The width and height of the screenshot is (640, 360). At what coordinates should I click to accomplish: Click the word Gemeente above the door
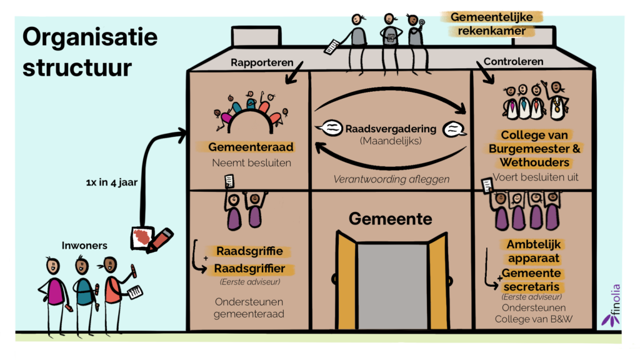coord(390,219)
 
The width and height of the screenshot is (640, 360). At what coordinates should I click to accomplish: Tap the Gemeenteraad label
coord(251,147)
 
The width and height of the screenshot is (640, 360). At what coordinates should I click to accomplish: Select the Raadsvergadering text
coord(391,129)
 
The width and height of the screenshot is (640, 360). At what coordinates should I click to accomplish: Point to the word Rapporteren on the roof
coord(262,62)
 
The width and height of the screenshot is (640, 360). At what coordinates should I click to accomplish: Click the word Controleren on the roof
coord(514,62)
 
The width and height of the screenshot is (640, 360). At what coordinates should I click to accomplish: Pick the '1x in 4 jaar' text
coord(111,182)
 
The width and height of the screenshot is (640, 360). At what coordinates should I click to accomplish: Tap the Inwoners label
coord(84,245)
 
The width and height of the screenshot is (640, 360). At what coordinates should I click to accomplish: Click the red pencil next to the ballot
coord(160,241)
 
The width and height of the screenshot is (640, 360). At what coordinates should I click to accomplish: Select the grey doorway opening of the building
coord(392,286)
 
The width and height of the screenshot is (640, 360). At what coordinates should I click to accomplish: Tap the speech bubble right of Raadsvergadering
coord(454,129)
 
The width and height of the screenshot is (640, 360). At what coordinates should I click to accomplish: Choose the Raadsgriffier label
coord(250,269)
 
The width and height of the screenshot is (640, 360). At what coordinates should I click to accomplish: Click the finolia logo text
coord(616,299)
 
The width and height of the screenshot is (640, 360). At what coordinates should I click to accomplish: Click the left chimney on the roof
coord(256,36)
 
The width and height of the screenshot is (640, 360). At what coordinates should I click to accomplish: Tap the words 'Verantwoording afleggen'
coord(391,179)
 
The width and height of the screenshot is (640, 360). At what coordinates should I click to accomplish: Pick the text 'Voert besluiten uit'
coord(536,177)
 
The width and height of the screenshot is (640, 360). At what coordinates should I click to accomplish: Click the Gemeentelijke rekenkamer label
coord(492,24)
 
